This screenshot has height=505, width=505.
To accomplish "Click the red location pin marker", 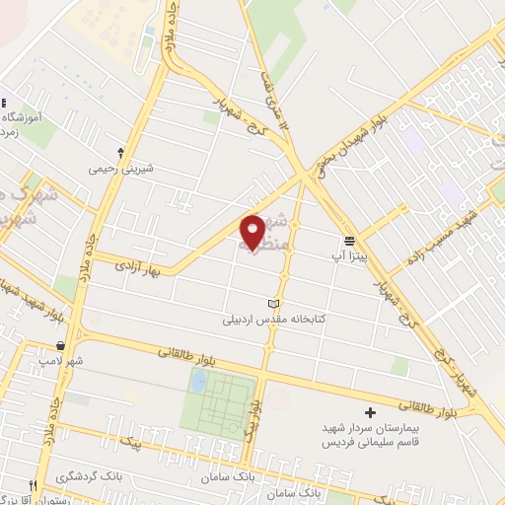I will click(x=253, y=233).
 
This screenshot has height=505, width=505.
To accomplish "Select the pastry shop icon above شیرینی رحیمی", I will click(x=120, y=153).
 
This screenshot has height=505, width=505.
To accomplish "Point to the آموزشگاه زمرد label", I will click(x=22, y=124).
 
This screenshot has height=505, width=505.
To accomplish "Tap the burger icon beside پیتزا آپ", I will click(x=350, y=240).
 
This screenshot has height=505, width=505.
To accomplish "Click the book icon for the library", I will click(x=273, y=303).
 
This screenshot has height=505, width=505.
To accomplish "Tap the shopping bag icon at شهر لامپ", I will click(x=63, y=345).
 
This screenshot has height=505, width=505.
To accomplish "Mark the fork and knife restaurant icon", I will click(x=33, y=487).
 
